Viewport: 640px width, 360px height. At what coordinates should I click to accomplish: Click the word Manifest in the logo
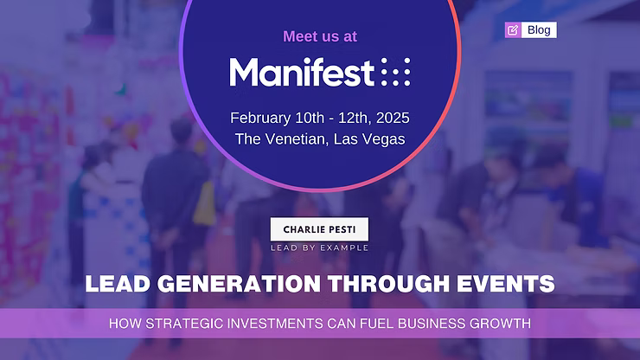click(x=302, y=72)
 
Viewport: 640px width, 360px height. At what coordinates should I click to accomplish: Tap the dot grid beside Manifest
click(x=395, y=72)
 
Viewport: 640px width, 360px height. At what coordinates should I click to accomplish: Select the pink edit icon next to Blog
click(x=513, y=29)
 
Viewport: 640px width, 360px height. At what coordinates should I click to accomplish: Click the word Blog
click(x=539, y=29)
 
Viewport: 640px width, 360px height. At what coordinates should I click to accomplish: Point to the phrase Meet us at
click(x=320, y=36)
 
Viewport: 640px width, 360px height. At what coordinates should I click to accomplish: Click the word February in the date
click(x=260, y=118)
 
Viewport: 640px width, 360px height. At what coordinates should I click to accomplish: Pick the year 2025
click(x=393, y=118)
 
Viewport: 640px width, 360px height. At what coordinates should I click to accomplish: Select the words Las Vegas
click(x=369, y=139)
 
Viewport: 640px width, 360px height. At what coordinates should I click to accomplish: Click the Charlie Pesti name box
click(x=319, y=229)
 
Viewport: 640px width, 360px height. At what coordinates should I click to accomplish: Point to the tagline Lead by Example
click(x=320, y=247)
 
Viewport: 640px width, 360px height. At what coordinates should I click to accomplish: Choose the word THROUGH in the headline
click(x=388, y=284)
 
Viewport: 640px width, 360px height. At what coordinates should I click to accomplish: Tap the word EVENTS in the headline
click(x=506, y=284)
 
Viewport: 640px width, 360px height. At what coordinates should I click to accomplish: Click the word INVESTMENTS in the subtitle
click(x=275, y=324)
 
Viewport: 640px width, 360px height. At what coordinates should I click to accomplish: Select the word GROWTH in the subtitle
click(x=500, y=324)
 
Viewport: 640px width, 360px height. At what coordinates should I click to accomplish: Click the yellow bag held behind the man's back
click(x=204, y=204)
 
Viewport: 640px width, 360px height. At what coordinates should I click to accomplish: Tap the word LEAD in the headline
click(x=118, y=284)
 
